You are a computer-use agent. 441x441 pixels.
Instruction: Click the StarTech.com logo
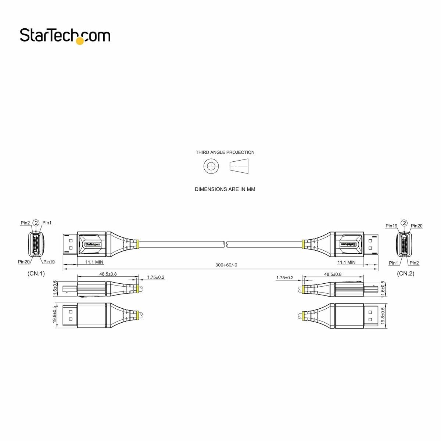coord(65,36)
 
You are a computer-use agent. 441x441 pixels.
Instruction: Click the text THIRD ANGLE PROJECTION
coord(225,152)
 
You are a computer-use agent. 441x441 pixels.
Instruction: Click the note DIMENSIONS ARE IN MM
coord(225,189)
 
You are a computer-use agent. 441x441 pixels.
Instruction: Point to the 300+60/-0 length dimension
coord(223,265)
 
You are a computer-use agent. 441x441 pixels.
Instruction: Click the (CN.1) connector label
coord(36,273)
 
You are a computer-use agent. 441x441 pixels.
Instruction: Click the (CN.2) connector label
coord(405,273)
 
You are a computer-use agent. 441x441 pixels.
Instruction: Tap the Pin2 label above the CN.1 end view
coord(25,223)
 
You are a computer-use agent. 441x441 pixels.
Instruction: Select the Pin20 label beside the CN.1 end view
coord(24,262)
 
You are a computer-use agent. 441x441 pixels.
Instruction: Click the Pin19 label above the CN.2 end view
coord(391,226)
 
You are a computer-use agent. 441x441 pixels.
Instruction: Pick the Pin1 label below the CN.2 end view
coord(393,263)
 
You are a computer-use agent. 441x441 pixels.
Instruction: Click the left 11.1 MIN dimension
coord(94,262)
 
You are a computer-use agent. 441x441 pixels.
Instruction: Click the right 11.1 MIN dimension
coord(346,262)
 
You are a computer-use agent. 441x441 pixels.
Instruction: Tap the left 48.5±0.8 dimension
coord(108,274)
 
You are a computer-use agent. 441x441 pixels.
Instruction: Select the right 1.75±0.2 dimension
coord(285,277)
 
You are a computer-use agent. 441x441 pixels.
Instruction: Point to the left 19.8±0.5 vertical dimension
coord(55,315)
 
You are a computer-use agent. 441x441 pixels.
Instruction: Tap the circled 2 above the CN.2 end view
coord(404,223)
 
